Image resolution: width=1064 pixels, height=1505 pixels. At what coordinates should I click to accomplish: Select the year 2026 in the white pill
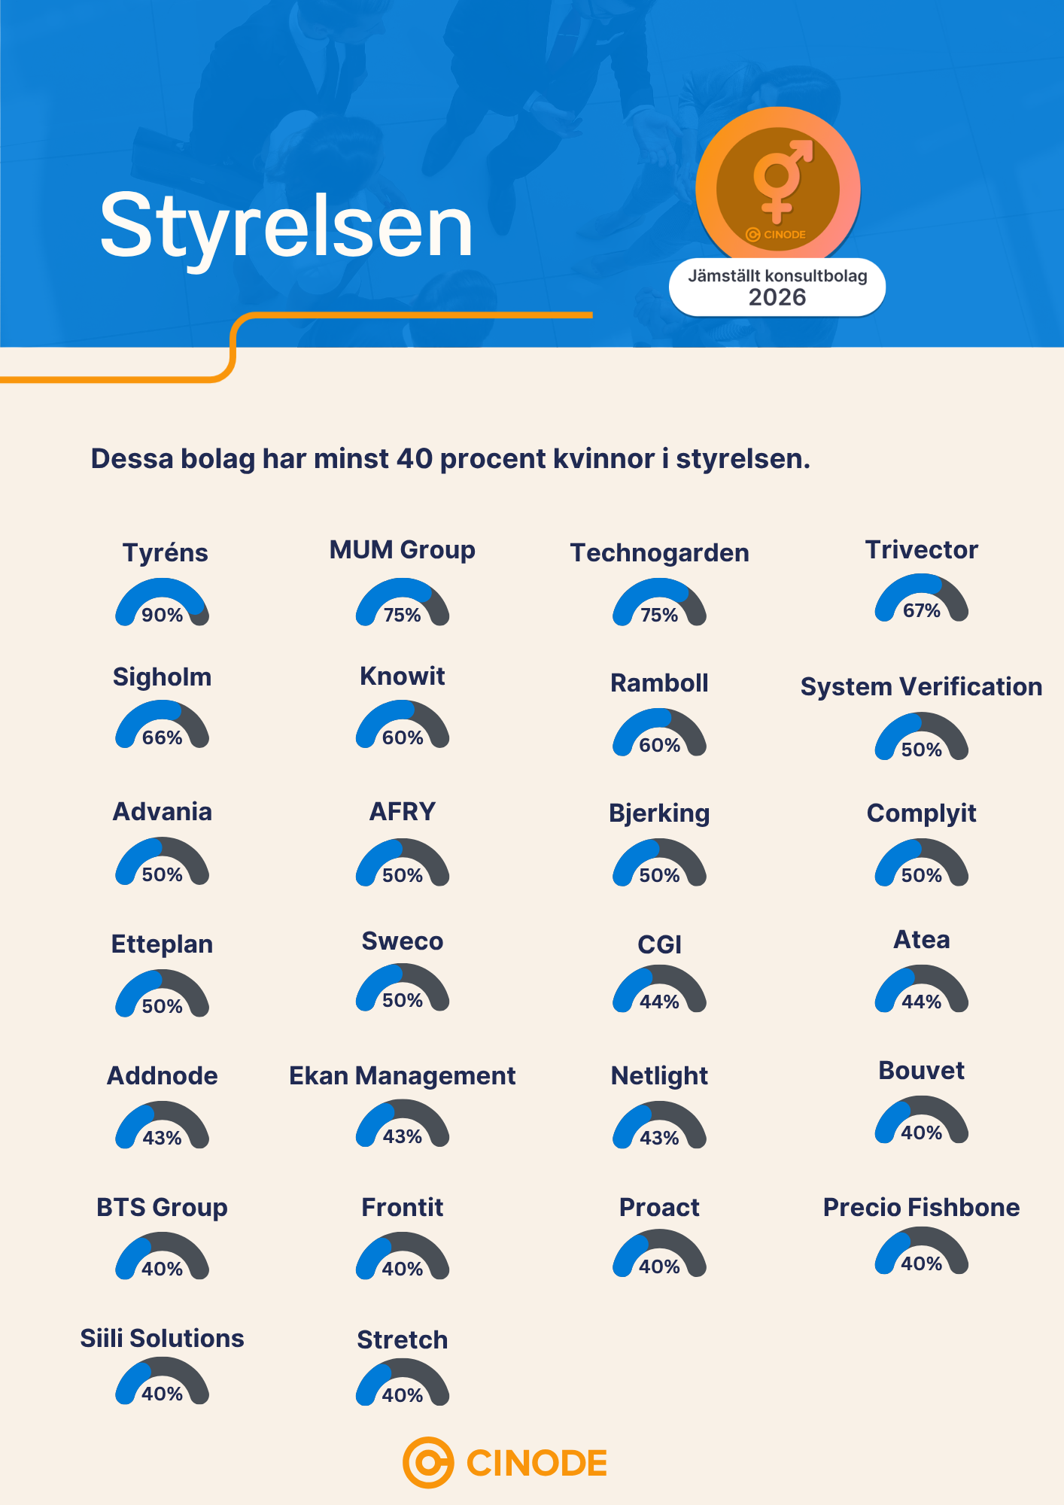[x=777, y=297]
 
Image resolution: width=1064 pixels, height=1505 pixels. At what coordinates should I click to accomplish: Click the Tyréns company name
[x=166, y=553]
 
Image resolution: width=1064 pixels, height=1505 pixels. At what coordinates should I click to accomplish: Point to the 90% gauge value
[x=163, y=615]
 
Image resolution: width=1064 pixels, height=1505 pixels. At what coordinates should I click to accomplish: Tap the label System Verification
[x=922, y=686]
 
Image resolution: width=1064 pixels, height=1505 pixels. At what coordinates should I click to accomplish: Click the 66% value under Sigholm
[x=163, y=737]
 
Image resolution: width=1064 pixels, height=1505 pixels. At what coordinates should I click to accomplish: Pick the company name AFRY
[x=403, y=811]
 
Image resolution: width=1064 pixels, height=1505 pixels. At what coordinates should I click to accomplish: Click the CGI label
[x=659, y=944]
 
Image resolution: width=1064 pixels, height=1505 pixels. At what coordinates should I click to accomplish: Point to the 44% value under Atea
[x=922, y=1002]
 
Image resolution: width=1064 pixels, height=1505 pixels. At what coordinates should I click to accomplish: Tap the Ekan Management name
[x=403, y=1076]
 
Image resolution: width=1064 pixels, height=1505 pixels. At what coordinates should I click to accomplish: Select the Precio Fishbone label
[x=922, y=1207]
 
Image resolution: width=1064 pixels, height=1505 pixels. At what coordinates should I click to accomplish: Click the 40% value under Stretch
[x=403, y=1395]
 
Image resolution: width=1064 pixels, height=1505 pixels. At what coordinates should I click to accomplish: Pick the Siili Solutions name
[x=163, y=1338]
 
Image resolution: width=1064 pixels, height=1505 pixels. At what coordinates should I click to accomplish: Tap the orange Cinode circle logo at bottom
[x=428, y=1463]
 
